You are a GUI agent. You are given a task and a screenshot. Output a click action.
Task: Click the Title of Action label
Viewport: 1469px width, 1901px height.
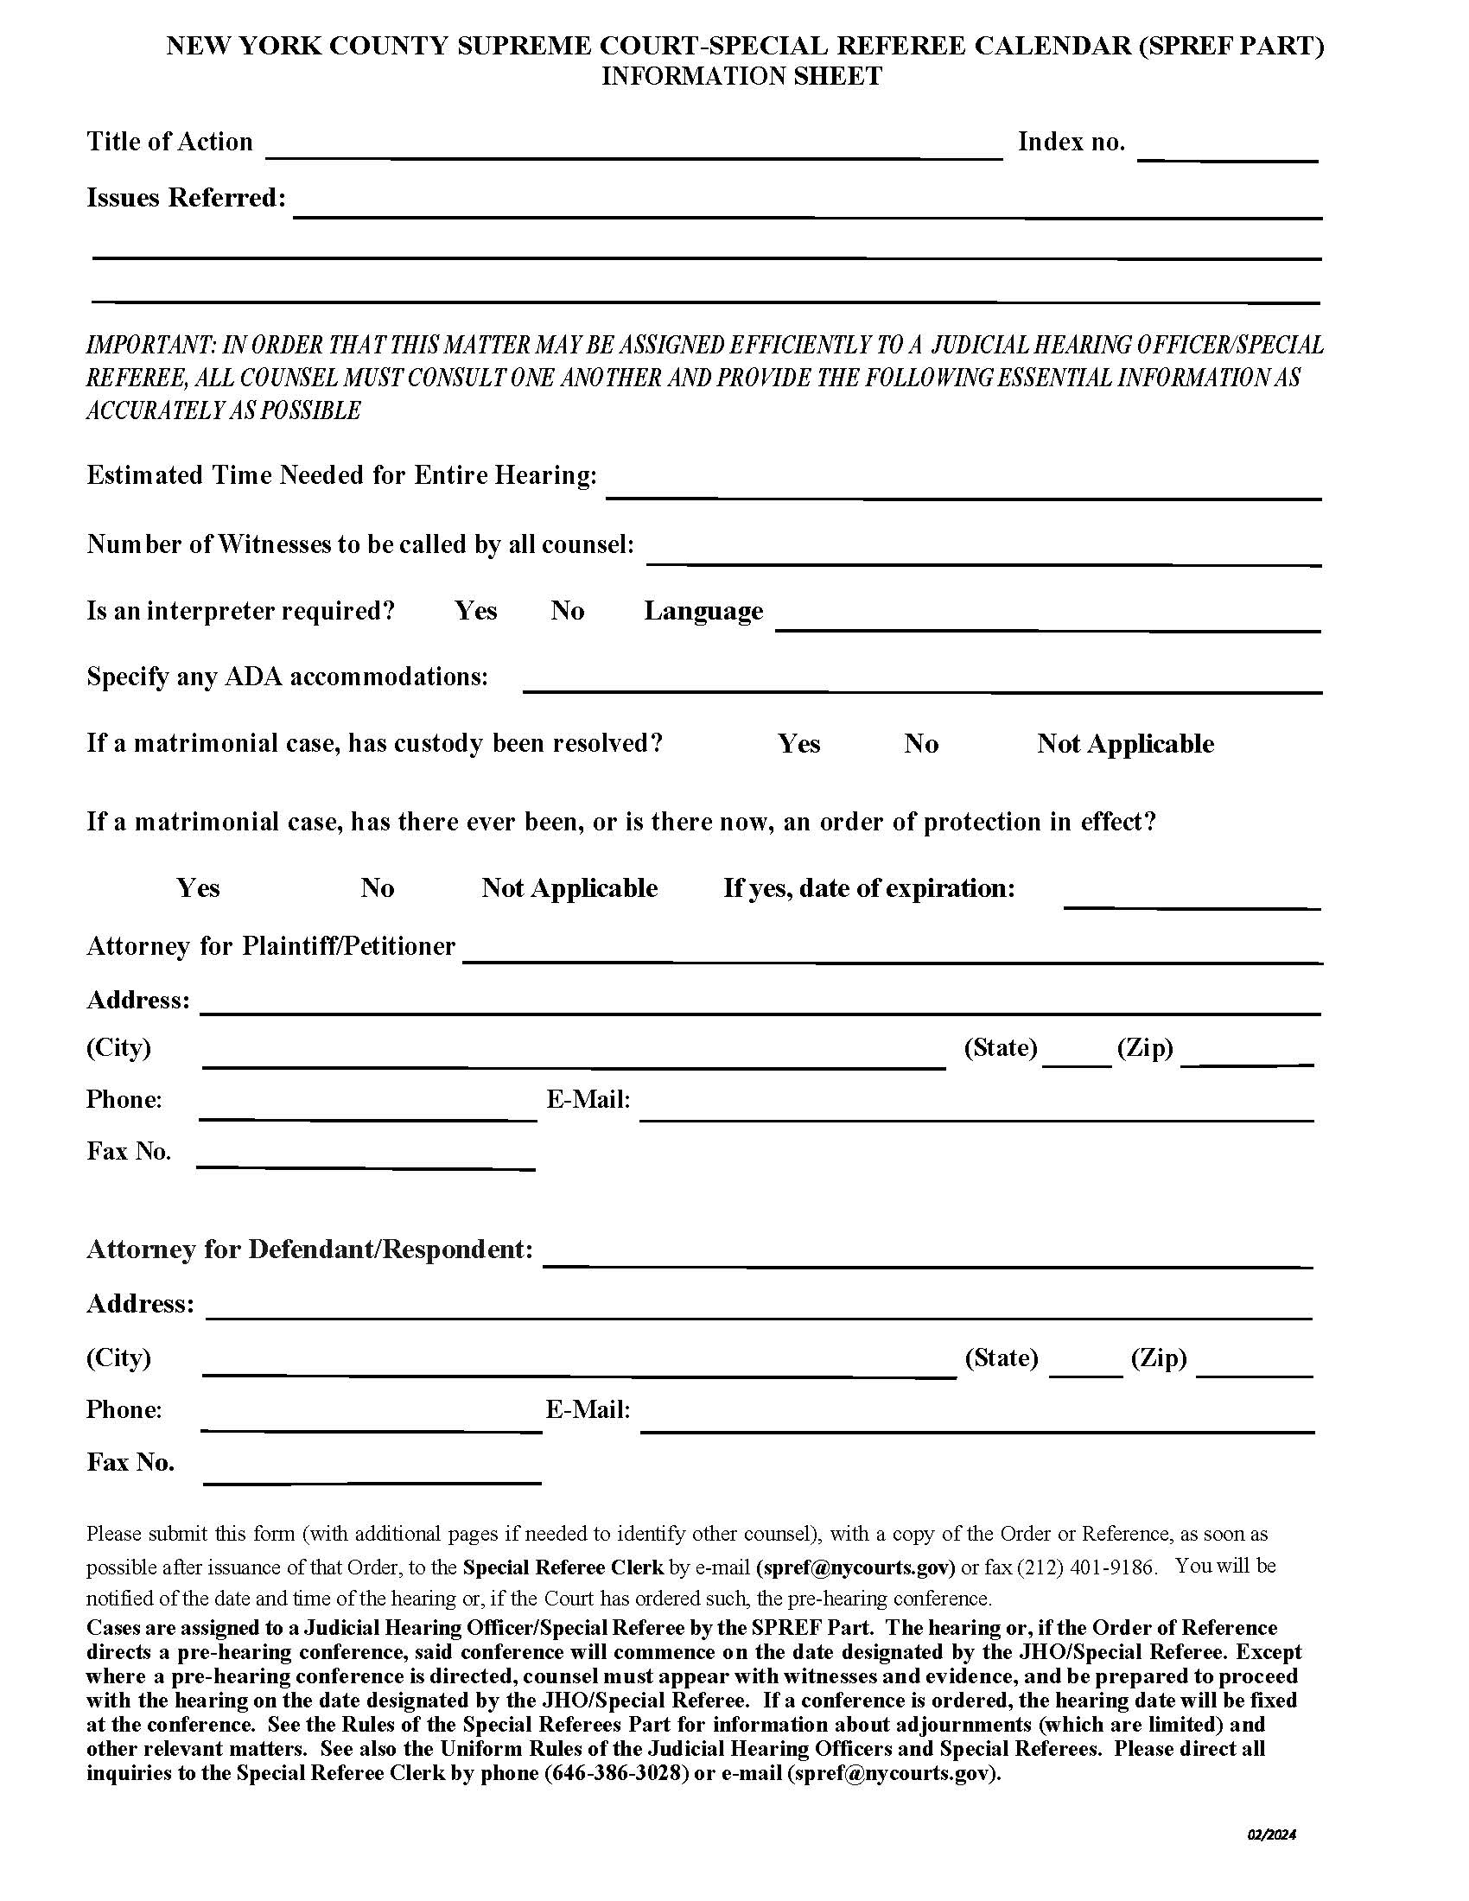point(169,142)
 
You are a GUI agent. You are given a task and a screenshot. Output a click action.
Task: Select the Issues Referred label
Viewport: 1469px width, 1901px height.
point(187,199)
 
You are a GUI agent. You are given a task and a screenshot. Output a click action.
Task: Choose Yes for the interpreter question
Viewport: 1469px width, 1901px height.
point(475,611)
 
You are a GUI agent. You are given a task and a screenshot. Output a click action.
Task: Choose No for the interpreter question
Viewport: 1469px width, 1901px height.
point(567,611)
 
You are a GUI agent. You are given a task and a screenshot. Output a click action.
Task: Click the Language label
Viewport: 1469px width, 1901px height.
point(703,611)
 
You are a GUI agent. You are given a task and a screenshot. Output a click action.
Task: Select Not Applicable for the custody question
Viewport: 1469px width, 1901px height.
point(1124,744)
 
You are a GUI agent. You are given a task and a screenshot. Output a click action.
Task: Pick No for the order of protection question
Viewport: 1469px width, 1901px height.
point(378,888)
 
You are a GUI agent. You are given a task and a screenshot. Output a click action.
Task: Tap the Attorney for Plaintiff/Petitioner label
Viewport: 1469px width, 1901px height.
point(270,946)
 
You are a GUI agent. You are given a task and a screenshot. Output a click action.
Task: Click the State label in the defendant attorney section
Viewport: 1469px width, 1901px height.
point(1002,1357)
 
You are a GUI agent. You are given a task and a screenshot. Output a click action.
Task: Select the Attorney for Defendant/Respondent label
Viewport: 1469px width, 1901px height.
point(309,1250)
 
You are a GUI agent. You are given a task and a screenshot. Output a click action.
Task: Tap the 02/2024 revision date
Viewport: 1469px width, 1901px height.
point(1271,1834)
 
